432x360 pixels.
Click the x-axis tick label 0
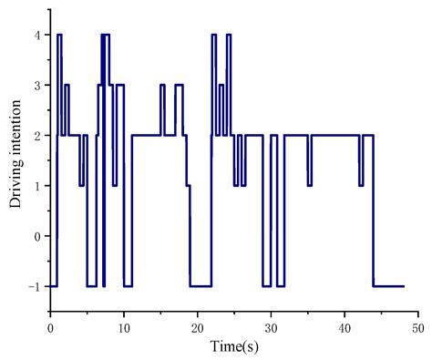click(50, 326)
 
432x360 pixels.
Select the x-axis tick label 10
click(124, 326)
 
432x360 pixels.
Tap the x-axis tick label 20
click(198, 326)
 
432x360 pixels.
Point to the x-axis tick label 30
click(271, 326)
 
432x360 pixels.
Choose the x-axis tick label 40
click(345, 326)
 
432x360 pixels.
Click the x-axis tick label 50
click(417, 326)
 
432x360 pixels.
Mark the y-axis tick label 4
click(36, 35)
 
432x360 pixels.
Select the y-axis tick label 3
click(36, 85)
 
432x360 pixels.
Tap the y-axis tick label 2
click(36, 135)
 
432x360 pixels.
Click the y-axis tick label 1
click(36, 186)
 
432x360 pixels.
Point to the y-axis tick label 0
click(36, 236)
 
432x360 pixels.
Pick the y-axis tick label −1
click(33, 286)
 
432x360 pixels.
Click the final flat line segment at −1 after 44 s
click(388, 286)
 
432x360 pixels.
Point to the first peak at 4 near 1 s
click(59, 35)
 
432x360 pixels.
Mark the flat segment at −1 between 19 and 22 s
click(201, 286)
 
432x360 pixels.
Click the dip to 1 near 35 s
click(309, 185)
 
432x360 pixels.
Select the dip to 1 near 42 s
click(361, 185)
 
